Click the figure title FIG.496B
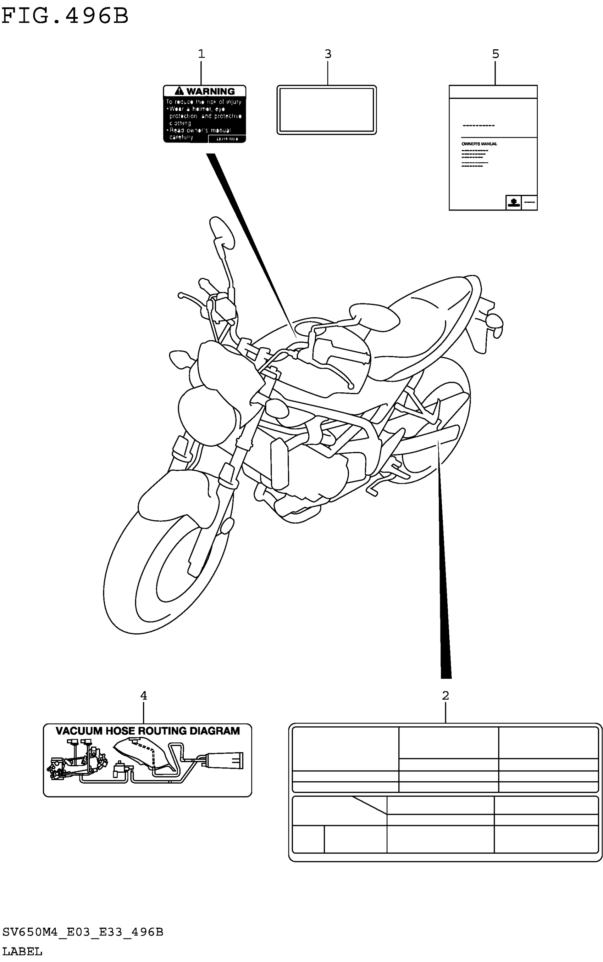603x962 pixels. [x=65, y=16]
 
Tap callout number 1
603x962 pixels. [x=201, y=54]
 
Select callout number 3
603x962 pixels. [x=328, y=54]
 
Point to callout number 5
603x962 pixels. [x=495, y=54]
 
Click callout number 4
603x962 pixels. [x=144, y=696]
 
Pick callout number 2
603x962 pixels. [x=446, y=696]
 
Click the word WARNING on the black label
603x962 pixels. [x=211, y=91]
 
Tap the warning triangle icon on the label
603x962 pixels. [x=179, y=91]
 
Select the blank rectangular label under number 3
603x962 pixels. [x=327, y=110]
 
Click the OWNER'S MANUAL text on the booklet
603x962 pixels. [x=479, y=144]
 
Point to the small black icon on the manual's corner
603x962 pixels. [x=514, y=202]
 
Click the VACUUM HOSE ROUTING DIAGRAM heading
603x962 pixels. [x=148, y=731]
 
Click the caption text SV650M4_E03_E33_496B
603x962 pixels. [x=83, y=932]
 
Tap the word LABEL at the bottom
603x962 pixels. [x=22, y=952]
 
